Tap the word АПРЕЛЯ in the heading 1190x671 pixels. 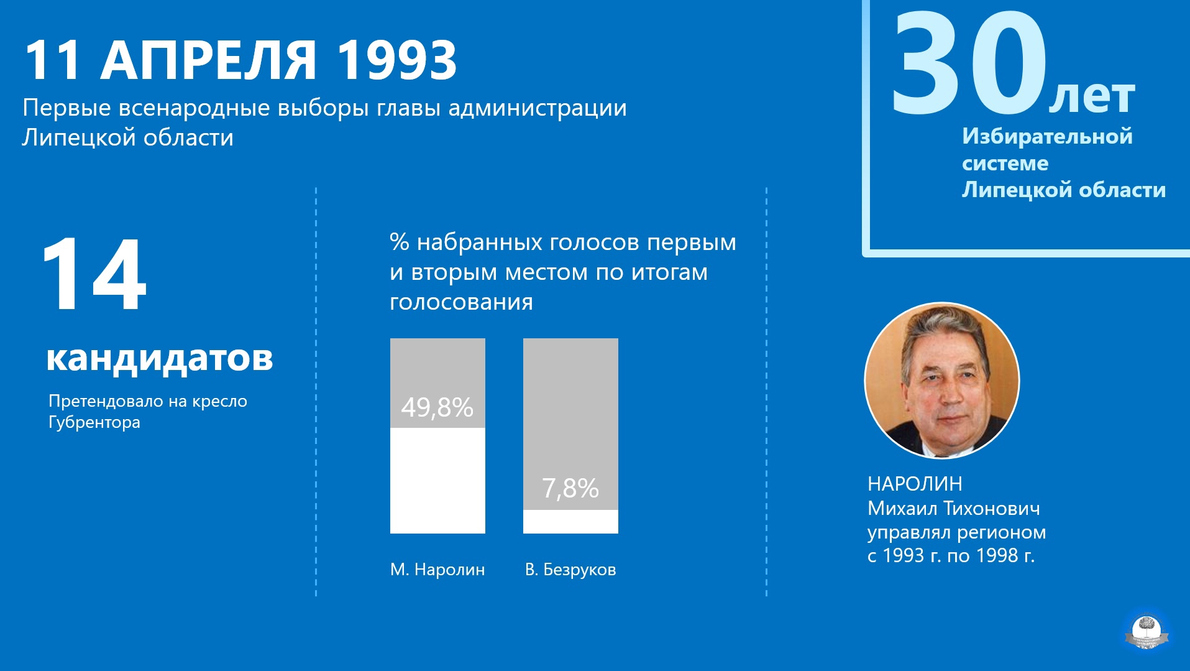tap(209, 60)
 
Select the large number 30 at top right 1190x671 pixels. tap(969, 63)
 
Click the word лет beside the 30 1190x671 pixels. tap(1092, 97)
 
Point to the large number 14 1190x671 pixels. tap(94, 274)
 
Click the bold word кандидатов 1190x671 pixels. tap(160, 358)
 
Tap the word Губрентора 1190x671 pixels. tap(94, 422)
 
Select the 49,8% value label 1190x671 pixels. tap(437, 408)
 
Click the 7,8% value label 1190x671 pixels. tap(570, 488)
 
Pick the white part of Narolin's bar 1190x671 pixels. tap(437, 480)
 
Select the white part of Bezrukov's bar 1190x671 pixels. tap(570, 522)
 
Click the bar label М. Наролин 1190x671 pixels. tap(437, 570)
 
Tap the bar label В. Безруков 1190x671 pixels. tap(570, 570)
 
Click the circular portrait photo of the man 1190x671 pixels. tap(942, 381)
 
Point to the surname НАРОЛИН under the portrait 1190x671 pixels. tap(915, 484)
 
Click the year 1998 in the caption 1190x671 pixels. tap(995, 555)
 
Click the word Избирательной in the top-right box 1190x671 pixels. tap(1047, 137)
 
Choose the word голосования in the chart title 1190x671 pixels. tap(461, 302)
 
